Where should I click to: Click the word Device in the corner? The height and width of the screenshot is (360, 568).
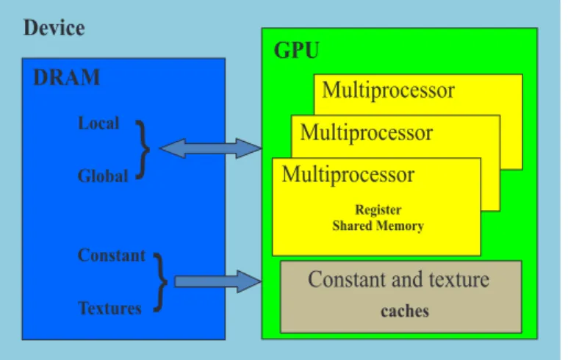point(54,28)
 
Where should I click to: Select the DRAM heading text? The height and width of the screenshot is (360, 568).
point(66,77)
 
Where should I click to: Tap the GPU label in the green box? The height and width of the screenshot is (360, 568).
point(297,50)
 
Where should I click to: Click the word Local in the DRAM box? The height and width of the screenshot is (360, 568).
point(98,123)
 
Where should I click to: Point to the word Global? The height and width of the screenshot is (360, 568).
point(103,176)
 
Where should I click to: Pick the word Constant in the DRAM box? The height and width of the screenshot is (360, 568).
point(112,255)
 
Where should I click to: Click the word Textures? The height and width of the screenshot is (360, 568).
point(109,309)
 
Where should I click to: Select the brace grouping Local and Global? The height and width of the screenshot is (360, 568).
point(145,150)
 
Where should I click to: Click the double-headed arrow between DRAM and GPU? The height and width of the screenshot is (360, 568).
point(210,148)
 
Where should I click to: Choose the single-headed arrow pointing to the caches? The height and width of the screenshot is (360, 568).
point(218,281)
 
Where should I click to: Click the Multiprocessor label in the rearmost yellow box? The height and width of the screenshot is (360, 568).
point(388,90)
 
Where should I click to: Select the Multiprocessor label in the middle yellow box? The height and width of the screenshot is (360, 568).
point(366,132)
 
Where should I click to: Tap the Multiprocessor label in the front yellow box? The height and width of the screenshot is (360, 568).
point(348,175)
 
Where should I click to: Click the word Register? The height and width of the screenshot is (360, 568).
point(378,209)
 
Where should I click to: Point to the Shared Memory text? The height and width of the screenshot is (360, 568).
point(378,226)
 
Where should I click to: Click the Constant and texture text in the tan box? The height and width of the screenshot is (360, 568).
point(398,280)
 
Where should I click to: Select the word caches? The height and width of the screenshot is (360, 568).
point(405,311)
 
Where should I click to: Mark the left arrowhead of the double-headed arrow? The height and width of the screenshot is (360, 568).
point(173,148)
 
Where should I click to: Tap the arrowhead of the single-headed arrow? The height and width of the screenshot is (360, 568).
point(249,281)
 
